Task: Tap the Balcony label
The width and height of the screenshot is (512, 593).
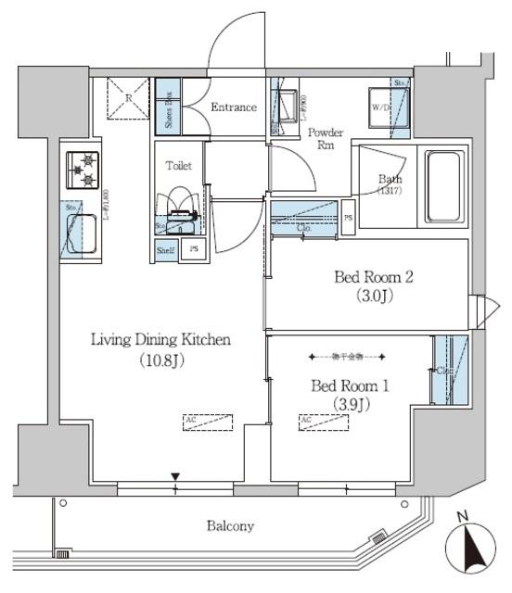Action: click(x=229, y=526)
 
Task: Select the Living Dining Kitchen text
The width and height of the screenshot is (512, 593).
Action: click(x=160, y=348)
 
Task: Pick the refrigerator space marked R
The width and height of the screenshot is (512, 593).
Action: click(x=128, y=99)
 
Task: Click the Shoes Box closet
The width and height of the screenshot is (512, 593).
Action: click(x=168, y=107)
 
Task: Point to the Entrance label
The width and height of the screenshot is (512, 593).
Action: click(x=233, y=107)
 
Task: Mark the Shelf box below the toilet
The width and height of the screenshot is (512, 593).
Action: click(x=165, y=250)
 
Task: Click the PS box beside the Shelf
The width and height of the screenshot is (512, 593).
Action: click(x=193, y=250)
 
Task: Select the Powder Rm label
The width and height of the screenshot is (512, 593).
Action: click(x=326, y=138)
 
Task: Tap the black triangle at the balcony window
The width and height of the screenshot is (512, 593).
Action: click(x=174, y=477)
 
